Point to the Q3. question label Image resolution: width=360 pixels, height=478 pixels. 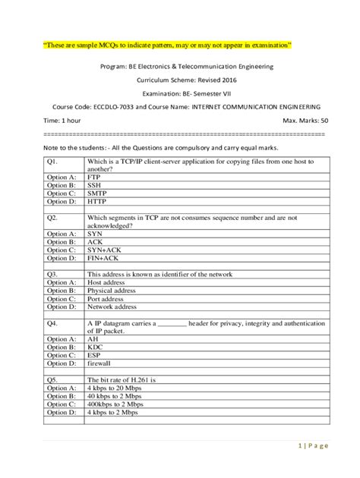click(x=53, y=273)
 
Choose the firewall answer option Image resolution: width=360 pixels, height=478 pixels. click(x=99, y=363)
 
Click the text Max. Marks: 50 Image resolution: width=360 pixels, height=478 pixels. click(x=305, y=121)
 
